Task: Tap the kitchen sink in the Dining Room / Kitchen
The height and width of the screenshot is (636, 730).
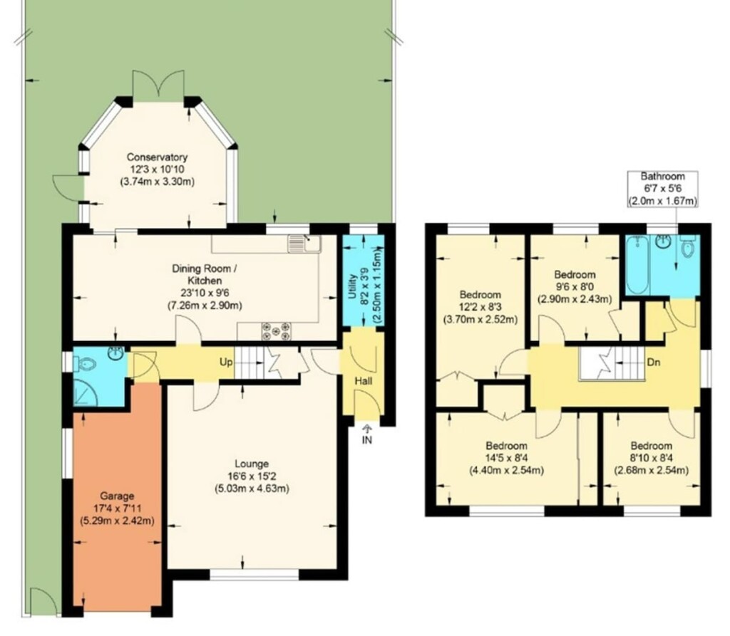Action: (x=304, y=244)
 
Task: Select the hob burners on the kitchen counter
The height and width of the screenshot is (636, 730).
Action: (x=276, y=330)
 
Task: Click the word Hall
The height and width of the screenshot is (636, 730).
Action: (x=363, y=381)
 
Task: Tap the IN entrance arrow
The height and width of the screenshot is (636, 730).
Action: (x=367, y=434)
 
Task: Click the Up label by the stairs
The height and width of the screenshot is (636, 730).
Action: (x=226, y=362)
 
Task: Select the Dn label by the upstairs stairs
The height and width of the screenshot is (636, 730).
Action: (x=654, y=363)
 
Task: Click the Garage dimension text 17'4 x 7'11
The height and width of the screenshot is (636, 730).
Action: (x=118, y=509)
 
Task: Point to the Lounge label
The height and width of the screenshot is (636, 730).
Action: (x=252, y=464)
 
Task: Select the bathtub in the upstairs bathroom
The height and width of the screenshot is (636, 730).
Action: (x=638, y=264)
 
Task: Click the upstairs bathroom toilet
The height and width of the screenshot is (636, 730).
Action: (x=688, y=245)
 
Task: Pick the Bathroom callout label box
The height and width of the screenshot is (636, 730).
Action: (x=662, y=189)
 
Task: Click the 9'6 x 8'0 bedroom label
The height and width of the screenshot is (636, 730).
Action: (x=575, y=286)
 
